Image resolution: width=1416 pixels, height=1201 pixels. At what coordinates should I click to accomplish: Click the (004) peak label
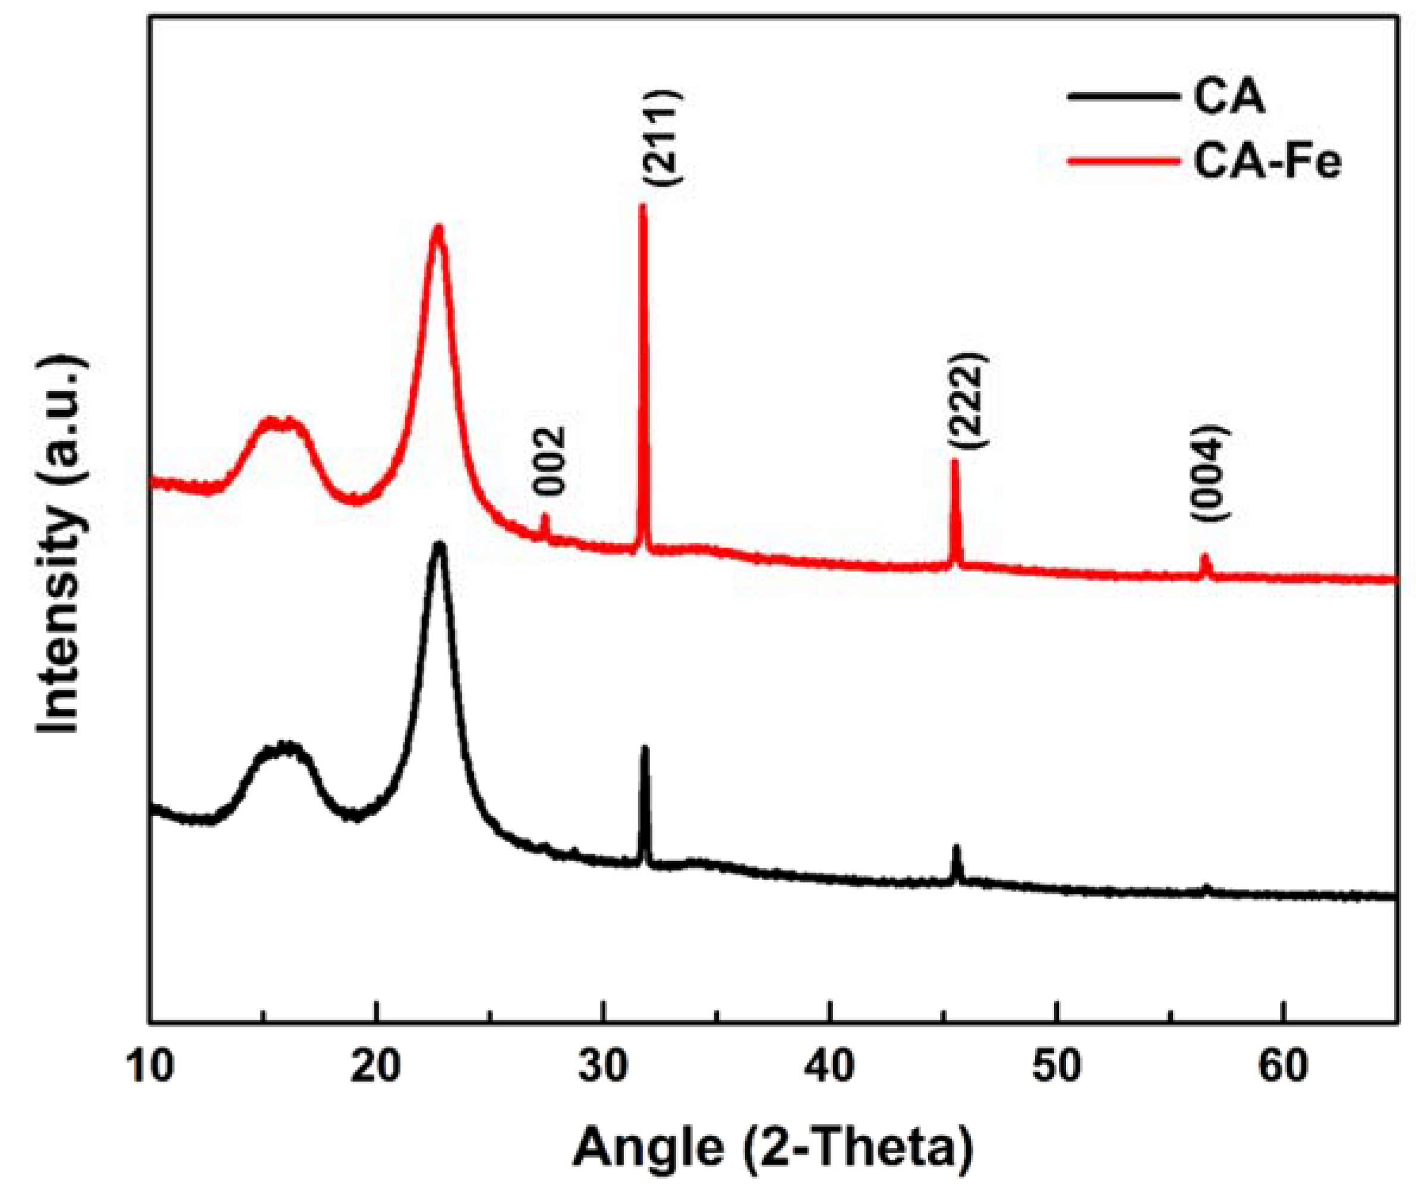coord(1210,473)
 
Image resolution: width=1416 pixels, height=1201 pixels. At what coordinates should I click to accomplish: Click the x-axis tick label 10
coord(149,1067)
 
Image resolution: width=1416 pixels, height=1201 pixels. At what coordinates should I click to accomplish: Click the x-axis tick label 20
coord(377,1067)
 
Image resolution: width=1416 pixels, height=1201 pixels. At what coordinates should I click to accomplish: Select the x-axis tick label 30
coord(603,1067)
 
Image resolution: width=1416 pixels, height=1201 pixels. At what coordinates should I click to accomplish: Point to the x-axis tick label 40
coord(830,1067)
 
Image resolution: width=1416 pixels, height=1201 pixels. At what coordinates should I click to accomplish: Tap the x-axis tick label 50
coord(1057,1067)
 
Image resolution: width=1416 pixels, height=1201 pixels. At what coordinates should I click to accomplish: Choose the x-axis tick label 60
coord(1283,1067)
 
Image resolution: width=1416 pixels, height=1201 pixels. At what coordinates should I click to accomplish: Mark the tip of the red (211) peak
coord(641,206)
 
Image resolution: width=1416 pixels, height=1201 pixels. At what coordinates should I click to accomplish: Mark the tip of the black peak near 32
coord(644,748)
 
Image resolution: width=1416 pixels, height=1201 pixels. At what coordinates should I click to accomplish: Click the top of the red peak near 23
coord(438,228)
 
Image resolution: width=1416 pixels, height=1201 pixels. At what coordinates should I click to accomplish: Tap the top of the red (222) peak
coord(954,462)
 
